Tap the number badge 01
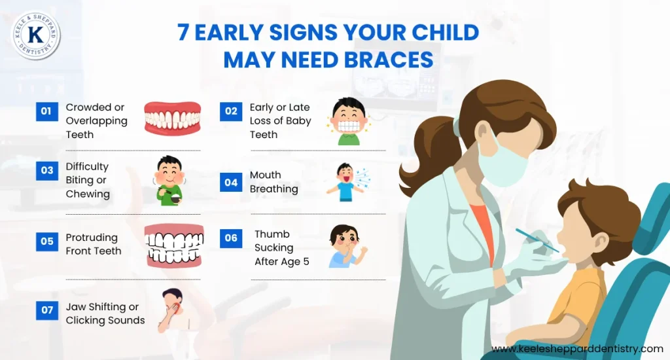pos(46,111)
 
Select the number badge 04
pos(231,183)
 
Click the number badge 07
pos(47,310)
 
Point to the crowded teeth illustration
pos(172,118)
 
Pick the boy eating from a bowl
pos(171,181)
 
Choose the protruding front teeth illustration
pos(174,245)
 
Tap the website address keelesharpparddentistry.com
pos(577,349)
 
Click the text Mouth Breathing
pos(273,182)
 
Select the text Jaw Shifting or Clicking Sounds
pos(105,314)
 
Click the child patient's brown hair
pos(599,209)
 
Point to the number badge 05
pos(47,241)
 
